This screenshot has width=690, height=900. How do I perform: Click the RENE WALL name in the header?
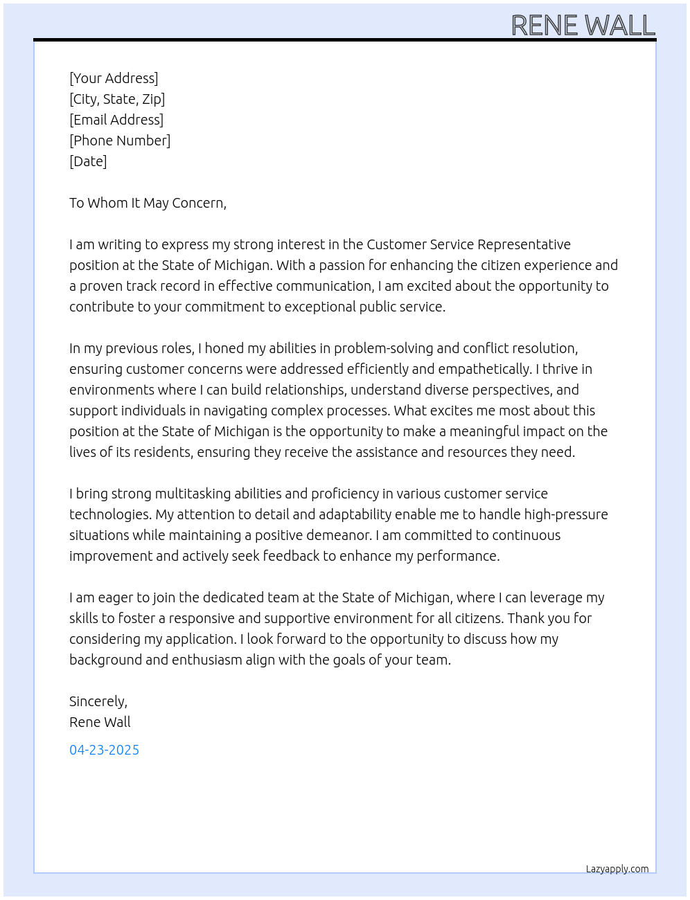point(583,26)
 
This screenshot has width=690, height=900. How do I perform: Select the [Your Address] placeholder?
point(114,78)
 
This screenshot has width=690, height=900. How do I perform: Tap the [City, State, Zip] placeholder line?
point(117,99)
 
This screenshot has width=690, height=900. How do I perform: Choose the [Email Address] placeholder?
point(116,120)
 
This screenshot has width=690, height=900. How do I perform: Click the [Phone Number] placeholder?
point(120,141)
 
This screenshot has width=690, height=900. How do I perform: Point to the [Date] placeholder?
point(88,161)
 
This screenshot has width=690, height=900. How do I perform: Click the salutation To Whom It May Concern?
point(148,203)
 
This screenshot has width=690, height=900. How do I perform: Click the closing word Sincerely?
point(98,701)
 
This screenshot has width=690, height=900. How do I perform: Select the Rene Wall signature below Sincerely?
point(100,722)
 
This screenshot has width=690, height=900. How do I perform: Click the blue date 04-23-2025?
point(104,750)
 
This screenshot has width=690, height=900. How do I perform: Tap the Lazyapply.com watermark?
point(617,869)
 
